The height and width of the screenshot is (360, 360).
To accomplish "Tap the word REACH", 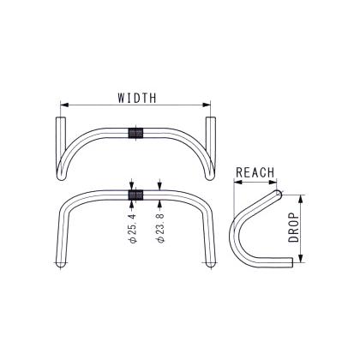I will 255,172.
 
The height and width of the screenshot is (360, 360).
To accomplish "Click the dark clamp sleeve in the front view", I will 134,195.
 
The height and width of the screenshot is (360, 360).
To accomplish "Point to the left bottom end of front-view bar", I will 58,267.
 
